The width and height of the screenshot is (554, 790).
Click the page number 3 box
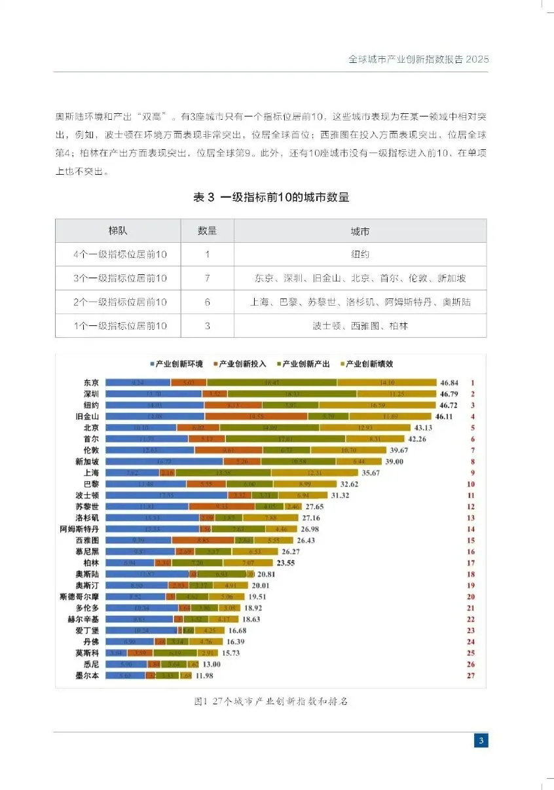[x=481, y=741]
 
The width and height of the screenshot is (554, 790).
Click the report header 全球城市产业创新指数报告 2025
[x=418, y=59]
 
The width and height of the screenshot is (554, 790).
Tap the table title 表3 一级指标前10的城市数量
[x=270, y=197]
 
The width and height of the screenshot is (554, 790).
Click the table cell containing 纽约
[x=360, y=255]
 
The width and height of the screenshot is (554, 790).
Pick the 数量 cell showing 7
[x=207, y=278]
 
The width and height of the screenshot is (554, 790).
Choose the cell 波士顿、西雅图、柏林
[x=360, y=325]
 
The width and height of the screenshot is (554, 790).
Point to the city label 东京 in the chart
[x=91, y=382]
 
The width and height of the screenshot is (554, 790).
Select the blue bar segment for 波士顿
[x=166, y=495]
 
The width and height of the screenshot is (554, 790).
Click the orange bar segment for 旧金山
[x=256, y=416]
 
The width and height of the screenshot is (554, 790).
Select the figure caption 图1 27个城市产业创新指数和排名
[x=270, y=702]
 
